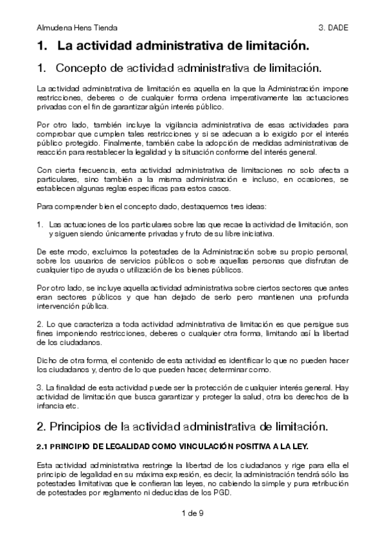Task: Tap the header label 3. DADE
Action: click(332, 28)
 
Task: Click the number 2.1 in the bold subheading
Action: click(42, 445)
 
